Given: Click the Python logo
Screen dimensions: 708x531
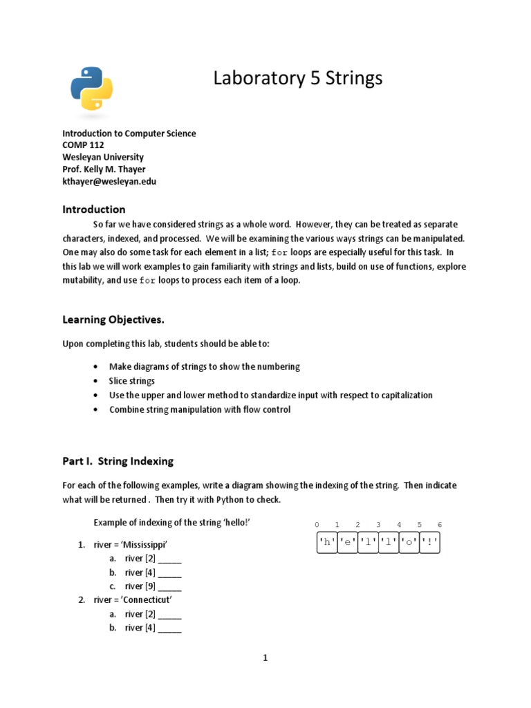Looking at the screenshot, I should coord(91,88).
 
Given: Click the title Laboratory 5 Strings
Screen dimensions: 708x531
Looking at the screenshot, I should coord(297,79).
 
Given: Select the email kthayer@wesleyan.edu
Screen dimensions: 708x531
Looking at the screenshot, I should coord(109,182).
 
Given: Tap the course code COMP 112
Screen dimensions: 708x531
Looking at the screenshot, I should coord(83,145).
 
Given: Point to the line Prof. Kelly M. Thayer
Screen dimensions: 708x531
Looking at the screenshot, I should coord(104,169).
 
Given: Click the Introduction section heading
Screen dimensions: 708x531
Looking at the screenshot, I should coord(94,209).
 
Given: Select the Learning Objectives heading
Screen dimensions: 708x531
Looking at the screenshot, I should coord(113,319).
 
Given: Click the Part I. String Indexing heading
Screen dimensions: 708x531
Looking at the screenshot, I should coord(118,460).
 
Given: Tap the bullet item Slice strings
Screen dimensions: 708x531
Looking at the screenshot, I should coord(132,381).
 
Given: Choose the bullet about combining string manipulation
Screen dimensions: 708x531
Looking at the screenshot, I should coord(200,409).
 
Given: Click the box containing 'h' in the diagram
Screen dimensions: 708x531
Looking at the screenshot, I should coord(326,543).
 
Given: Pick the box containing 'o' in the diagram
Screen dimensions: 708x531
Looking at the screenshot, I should coord(409,543).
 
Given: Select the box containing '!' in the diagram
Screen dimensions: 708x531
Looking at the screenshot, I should coord(430,543).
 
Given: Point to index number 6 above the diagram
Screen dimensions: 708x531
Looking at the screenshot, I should coord(439,525).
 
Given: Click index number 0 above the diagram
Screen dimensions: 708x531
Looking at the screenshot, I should coord(316,525).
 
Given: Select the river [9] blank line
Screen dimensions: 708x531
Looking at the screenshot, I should coord(153,586).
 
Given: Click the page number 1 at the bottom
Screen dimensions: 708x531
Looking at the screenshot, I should coord(265,658).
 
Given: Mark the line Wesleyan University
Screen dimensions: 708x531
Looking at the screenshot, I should coord(103,158).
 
